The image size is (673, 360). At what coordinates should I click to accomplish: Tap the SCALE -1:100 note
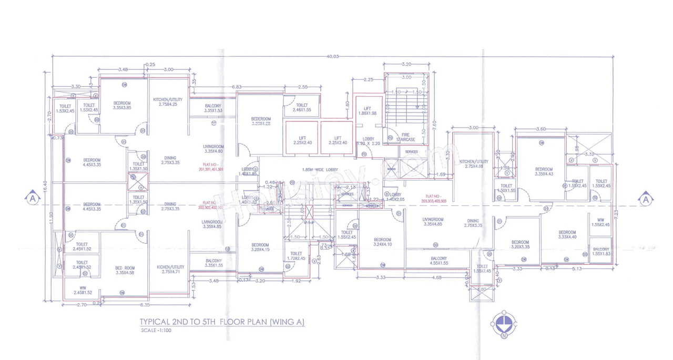pos(157,331)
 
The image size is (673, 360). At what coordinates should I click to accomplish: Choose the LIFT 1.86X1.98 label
pos(368,110)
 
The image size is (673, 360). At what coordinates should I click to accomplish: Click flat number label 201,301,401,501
pos(211,167)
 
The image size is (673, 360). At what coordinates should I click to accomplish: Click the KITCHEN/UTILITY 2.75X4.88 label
pos(474,164)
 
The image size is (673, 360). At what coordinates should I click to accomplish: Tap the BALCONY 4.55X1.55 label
pos(439,261)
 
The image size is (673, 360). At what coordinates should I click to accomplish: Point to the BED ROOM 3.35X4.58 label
pos(125,270)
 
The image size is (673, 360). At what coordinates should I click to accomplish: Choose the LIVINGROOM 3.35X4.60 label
pos(213,149)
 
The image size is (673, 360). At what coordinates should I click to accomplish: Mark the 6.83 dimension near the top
pos(237,87)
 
